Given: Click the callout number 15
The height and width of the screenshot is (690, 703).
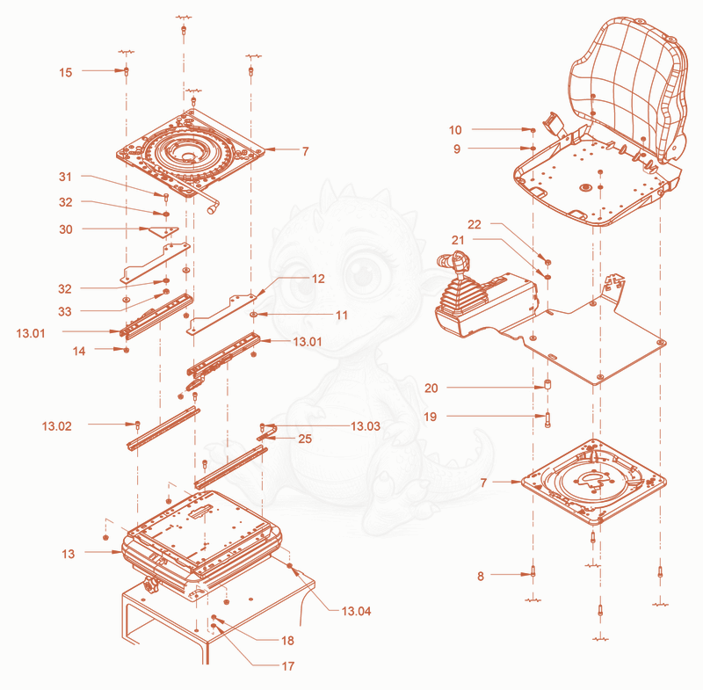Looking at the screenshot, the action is tap(65, 72).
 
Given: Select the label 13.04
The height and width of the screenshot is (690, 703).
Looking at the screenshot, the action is tap(356, 611).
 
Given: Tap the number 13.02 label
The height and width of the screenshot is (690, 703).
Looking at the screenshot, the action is tap(57, 426).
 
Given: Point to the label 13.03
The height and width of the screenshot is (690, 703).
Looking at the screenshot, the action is tap(366, 426).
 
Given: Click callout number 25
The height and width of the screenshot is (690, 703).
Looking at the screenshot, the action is tap(305, 439).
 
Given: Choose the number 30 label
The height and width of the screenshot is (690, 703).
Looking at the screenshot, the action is tap(65, 229).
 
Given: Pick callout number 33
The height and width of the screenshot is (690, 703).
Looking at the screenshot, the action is tap(64, 311).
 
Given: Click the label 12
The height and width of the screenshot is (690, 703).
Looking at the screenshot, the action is tap(318, 279).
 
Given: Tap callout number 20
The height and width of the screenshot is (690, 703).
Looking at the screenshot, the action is tap(431, 389).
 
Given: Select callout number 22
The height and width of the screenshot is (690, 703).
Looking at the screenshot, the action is tap(474, 225).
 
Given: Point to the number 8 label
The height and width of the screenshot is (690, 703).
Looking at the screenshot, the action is tap(481, 576).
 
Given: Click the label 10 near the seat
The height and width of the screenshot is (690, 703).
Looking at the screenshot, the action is tap(455, 130).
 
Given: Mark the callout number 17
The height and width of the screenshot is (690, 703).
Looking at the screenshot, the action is tap(288, 666).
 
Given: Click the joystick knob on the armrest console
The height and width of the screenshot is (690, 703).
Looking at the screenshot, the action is tap(459, 259).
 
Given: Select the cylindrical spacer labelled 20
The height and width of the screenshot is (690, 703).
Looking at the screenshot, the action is tap(547, 385).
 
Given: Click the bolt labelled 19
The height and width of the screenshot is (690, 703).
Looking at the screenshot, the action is tap(547, 420).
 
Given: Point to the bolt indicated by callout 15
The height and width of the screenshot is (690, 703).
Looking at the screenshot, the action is tap(127, 71).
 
